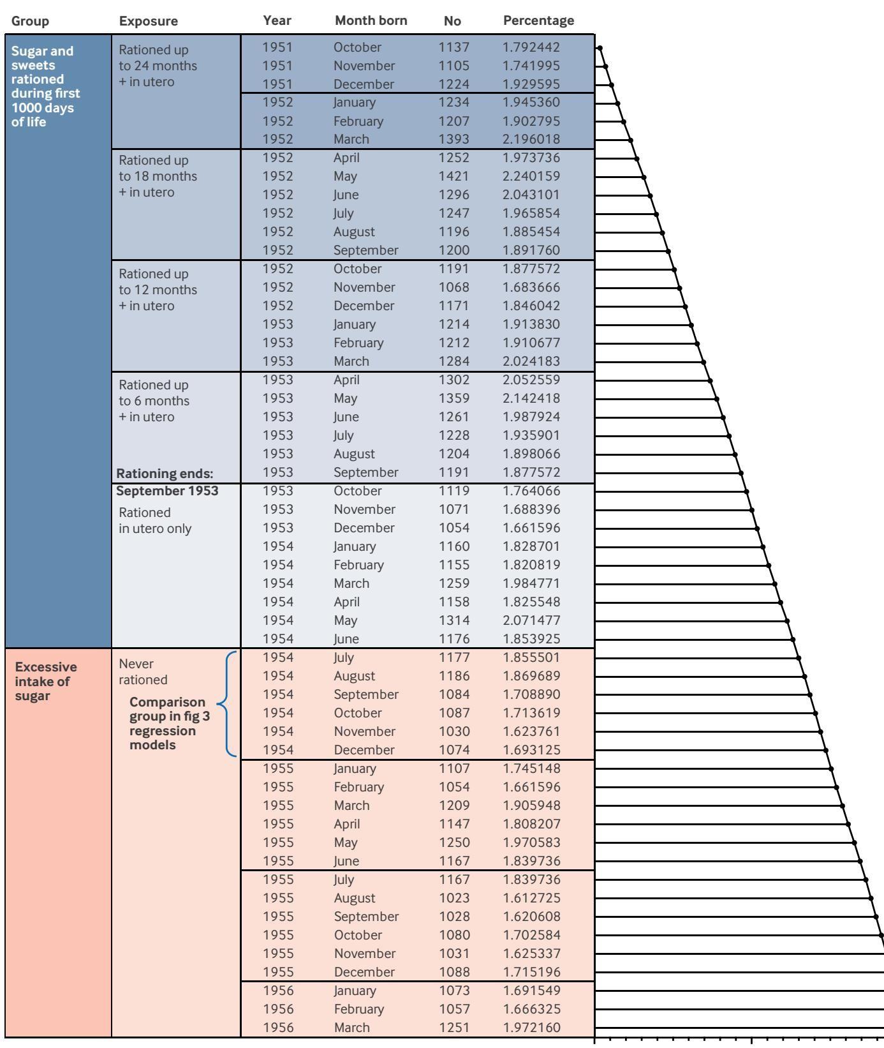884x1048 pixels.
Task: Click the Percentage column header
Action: pyautogui.click(x=538, y=20)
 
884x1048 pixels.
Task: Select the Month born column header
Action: pyautogui.click(x=371, y=20)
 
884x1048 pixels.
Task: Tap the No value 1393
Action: pyautogui.click(x=453, y=139)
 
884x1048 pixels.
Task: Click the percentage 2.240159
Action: pyautogui.click(x=531, y=176)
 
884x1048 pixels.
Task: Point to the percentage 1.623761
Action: pyautogui.click(x=531, y=731)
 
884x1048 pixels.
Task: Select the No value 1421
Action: pyautogui.click(x=453, y=176)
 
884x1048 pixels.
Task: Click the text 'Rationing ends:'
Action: pyautogui.click(x=165, y=474)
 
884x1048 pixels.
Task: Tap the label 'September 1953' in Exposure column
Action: pyautogui.click(x=167, y=491)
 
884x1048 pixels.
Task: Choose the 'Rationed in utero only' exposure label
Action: pyautogui.click(x=155, y=521)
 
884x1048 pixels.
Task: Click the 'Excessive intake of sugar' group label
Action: pyautogui.click(x=46, y=681)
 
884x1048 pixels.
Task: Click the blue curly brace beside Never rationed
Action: pyautogui.click(x=228, y=704)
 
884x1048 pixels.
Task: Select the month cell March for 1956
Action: pyautogui.click(x=351, y=1028)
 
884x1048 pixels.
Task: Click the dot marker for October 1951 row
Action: pyautogui.click(x=600, y=48)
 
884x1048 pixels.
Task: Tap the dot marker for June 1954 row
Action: pyautogui.click(x=793, y=640)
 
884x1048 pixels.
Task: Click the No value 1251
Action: pyautogui.click(x=453, y=1028)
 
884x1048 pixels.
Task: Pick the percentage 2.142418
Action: pyautogui.click(x=531, y=398)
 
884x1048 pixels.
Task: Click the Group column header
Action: pyautogui.click(x=30, y=21)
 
